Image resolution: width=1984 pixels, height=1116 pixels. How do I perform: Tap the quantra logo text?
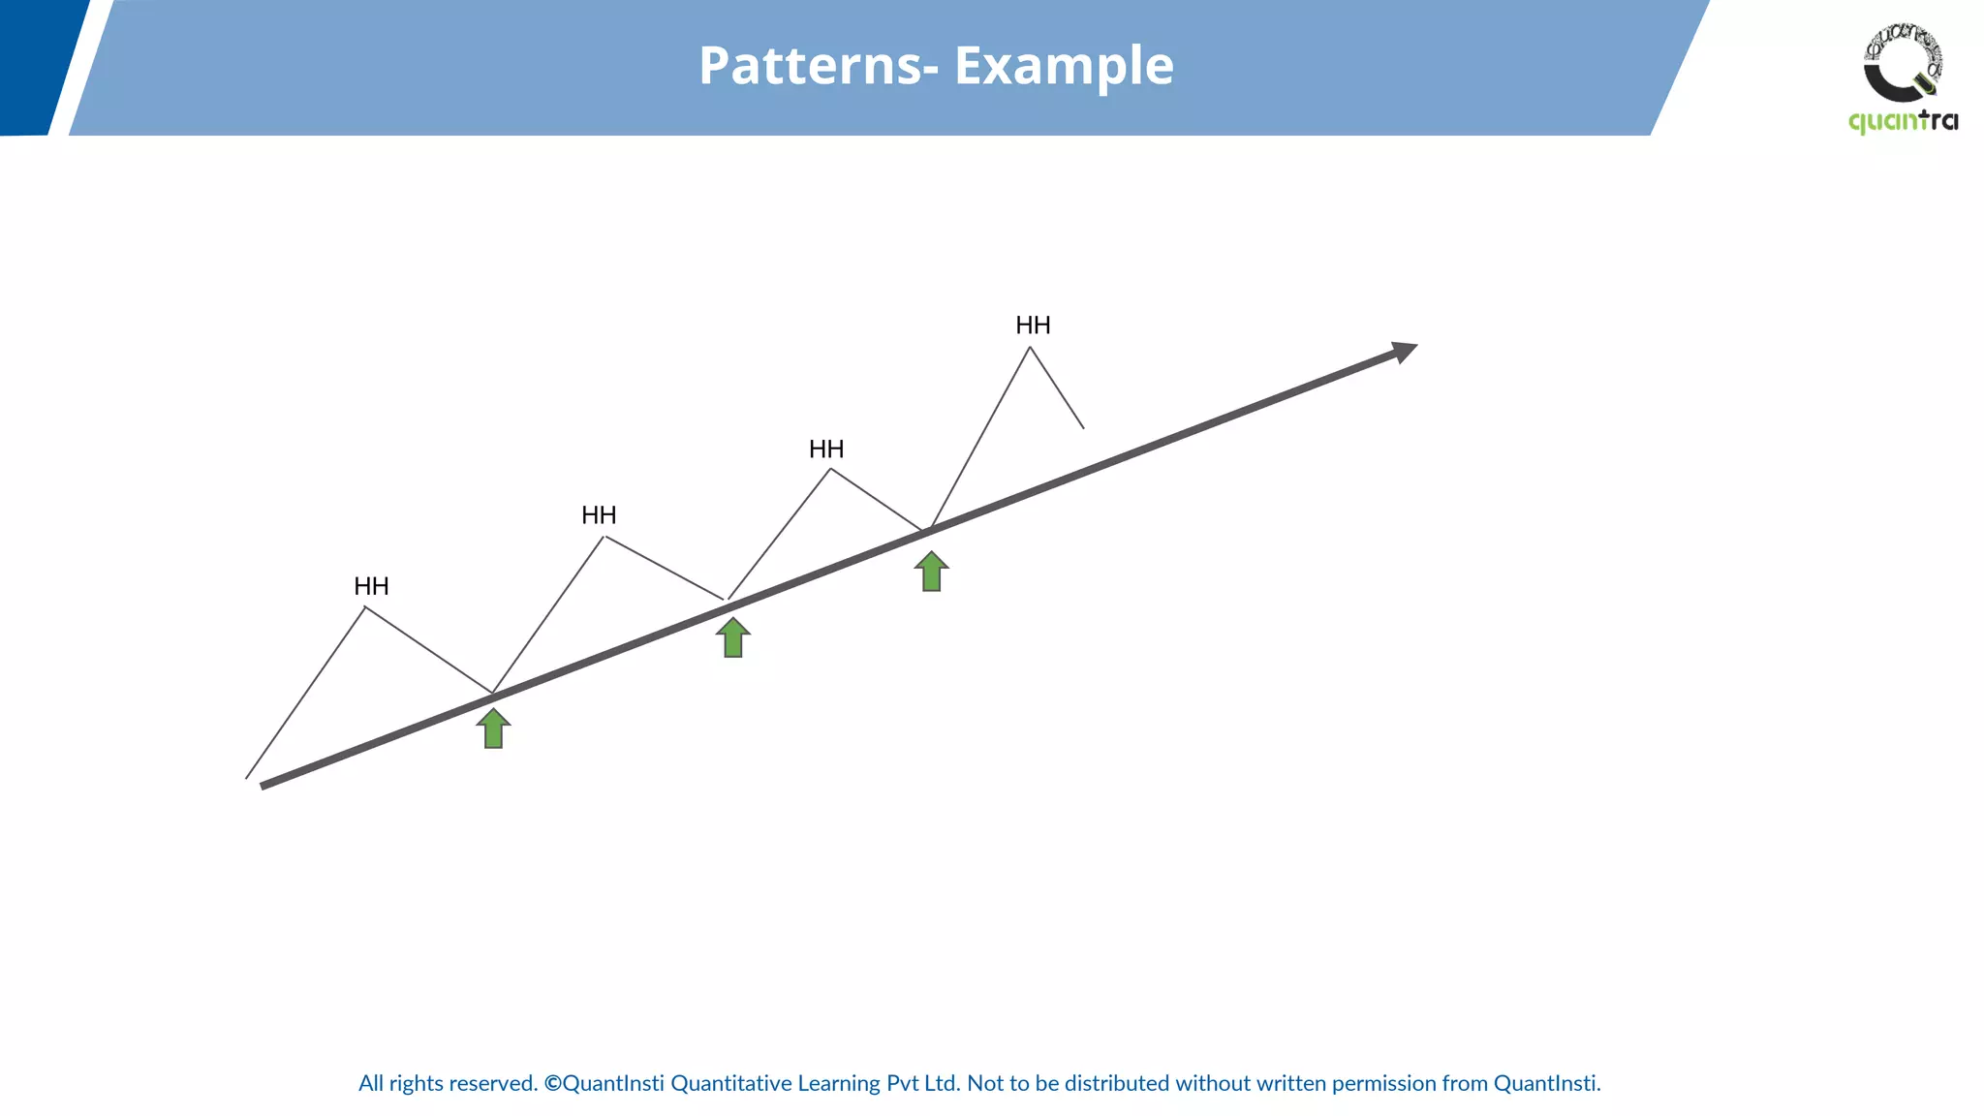1903,122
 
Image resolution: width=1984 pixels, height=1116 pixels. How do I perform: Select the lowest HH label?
371,586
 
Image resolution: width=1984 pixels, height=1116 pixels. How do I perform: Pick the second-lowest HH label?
599,515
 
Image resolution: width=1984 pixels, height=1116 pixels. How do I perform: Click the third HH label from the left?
826,449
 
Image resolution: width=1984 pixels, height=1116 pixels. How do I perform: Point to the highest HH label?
1033,325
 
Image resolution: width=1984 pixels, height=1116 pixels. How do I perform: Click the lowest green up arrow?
493,728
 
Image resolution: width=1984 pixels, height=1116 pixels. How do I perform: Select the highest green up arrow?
931,572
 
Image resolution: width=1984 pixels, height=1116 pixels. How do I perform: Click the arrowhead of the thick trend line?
1405,351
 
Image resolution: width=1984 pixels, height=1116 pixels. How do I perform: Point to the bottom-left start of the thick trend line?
264,785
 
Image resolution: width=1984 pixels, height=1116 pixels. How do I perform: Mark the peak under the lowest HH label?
365,607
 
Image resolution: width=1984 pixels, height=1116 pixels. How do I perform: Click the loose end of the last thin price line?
1083,427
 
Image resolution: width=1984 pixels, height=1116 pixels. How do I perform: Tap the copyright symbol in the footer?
552,1083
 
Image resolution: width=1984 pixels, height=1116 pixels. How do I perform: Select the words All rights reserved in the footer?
448,1083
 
